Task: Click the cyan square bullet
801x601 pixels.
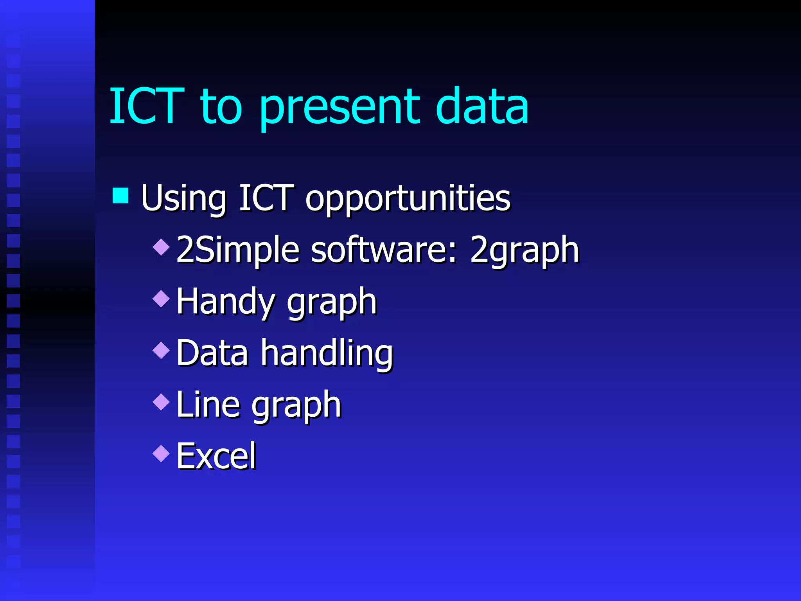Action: point(120,196)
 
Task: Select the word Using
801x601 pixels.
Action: point(184,199)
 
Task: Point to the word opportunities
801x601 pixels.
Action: point(408,200)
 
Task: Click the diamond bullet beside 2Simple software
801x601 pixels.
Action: point(161,247)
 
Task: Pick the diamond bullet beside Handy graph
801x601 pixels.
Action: point(161,299)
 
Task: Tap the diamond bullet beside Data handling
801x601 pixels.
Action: point(161,350)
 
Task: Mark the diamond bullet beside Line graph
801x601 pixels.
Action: point(161,402)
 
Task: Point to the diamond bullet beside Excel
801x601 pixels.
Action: point(161,453)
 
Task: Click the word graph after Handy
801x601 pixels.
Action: point(332,303)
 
